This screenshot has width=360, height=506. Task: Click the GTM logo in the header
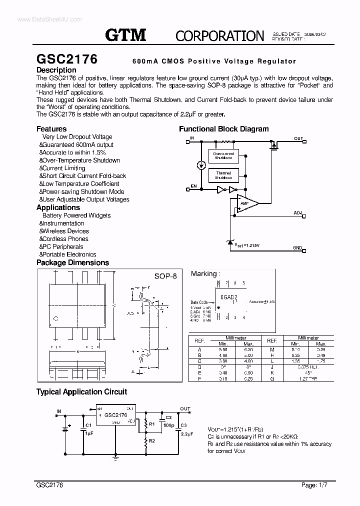(125, 34)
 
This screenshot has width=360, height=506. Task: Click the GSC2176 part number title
(67, 59)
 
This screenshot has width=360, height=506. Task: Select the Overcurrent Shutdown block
(223, 155)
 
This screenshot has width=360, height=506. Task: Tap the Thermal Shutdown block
(223, 175)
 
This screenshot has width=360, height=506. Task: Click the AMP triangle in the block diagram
(246, 203)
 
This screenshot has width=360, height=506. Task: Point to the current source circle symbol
(201, 165)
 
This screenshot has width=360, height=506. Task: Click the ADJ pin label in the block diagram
(298, 213)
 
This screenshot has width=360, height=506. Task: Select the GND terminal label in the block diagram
(297, 248)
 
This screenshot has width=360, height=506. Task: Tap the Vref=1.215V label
(248, 245)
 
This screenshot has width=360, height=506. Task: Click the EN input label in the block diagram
(193, 186)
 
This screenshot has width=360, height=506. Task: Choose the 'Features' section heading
(51, 128)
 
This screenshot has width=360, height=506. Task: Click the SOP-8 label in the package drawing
(166, 276)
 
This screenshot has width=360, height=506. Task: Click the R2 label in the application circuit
(152, 440)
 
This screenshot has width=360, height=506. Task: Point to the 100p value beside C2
(168, 425)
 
